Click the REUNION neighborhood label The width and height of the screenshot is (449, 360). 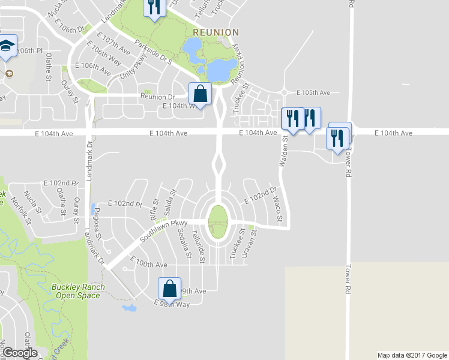(216, 32)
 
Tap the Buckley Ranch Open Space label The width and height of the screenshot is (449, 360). (78, 290)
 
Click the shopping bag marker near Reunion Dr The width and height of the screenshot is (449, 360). (200, 93)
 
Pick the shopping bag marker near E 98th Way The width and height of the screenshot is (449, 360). (170, 287)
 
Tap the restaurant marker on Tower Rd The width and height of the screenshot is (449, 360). (338, 137)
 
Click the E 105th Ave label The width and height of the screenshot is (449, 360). (314, 93)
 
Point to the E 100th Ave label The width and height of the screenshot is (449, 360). (150, 264)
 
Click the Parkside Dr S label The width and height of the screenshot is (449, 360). (154, 52)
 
